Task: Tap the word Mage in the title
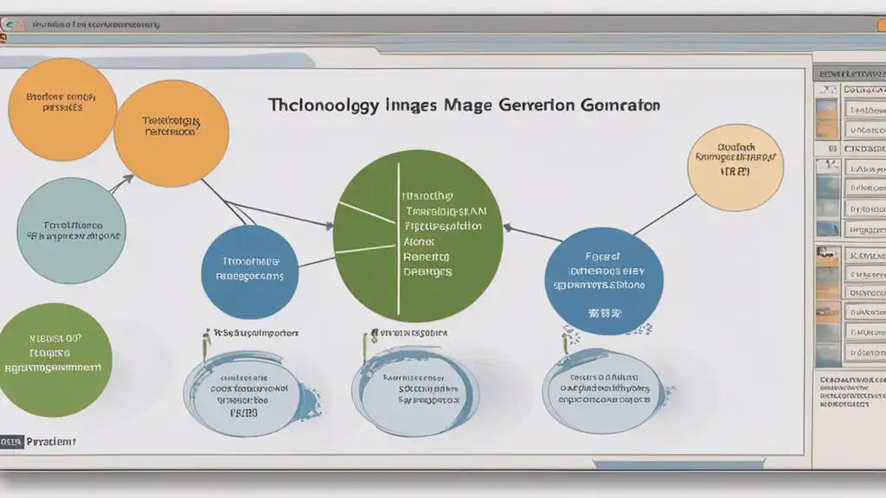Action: (x=468, y=105)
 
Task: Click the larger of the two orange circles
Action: (x=171, y=131)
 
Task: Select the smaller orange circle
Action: (x=62, y=110)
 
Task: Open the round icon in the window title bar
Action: (x=10, y=26)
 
